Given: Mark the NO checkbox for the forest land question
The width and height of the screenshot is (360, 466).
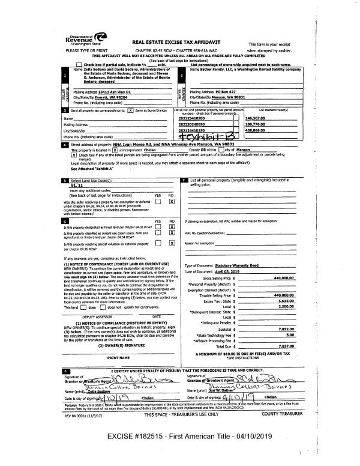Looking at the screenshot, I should (172, 229).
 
